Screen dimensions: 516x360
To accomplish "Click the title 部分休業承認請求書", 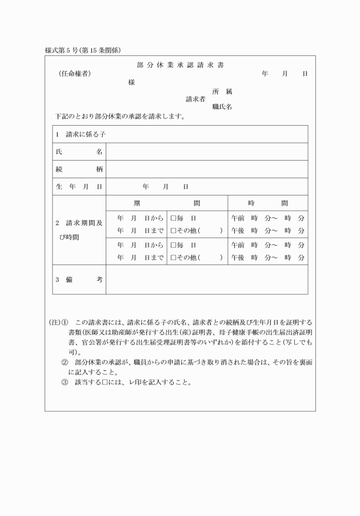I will tap(180, 65).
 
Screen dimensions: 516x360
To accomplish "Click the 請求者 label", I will tap(195, 99).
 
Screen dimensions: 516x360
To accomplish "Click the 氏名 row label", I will tap(79, 152).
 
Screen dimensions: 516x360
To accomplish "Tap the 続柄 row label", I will tap(79, 169).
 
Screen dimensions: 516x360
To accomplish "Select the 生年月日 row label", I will tap(79, 187).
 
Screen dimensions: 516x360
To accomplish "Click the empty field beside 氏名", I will tap(207, 152).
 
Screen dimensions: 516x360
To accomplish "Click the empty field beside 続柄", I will tap(207, 169).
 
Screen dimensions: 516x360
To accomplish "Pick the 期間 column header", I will tap(167, 203).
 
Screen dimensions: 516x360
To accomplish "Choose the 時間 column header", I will tap(268, 203).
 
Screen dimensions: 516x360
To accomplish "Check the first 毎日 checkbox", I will tap(173, 218).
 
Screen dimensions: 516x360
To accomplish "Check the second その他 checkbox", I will tap(173, 258).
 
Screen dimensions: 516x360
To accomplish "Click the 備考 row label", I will tap(79, 279).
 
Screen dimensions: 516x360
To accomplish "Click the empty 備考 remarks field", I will tap(207, 279).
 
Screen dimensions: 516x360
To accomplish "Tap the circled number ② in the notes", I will tap(65, 362).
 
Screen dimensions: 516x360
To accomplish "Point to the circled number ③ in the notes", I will tap(65, 382).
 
